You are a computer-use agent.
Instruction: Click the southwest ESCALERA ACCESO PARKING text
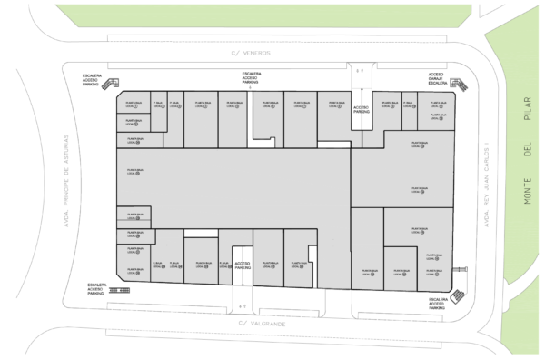point(97,288)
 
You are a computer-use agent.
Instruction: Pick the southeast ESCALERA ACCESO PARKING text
point(439,304)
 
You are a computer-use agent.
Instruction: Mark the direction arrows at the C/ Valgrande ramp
point(242,306)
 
